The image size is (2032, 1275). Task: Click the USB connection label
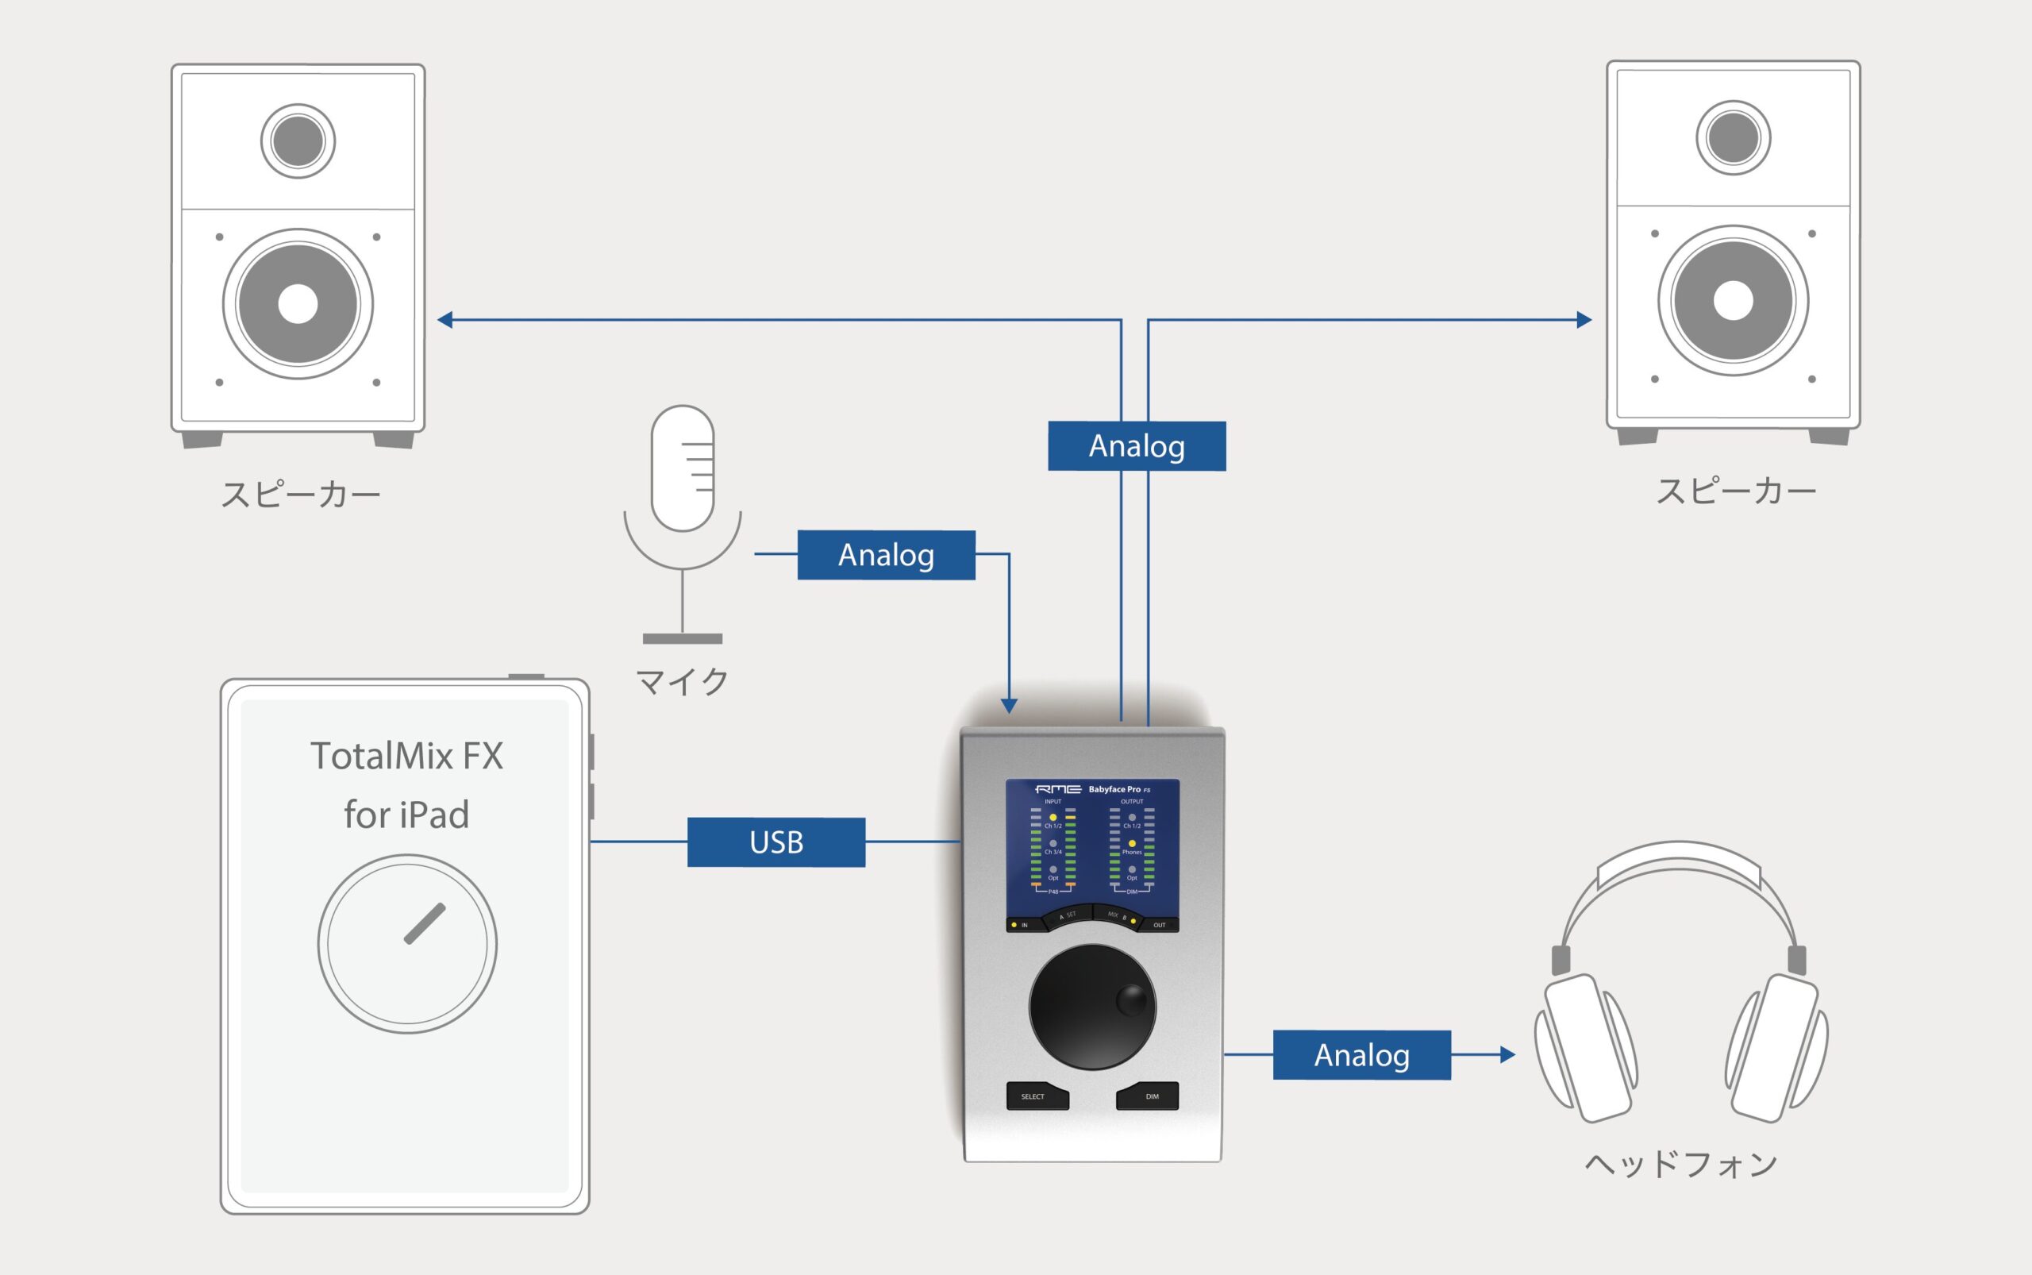pos(775,842)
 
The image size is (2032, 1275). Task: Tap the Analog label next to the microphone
pos(886,555)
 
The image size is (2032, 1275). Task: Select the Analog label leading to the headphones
pos(1362,1055)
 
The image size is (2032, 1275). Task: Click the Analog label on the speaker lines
pos(1137,446)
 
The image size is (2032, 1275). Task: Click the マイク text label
pos(682,681)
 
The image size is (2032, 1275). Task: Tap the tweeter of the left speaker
pos(298,141)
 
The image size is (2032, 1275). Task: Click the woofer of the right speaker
pos(1733,300)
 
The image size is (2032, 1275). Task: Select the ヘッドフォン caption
pos(1681,1165)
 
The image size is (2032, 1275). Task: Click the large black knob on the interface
pos(1092,1007)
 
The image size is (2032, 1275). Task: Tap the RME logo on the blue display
pos(1058,789)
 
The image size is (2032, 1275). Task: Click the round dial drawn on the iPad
pos(407,944)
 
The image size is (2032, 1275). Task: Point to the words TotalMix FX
pos(406,756)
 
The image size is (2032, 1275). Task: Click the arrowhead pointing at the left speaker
pos(444,320)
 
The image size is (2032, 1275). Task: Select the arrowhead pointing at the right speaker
pos(1584,320)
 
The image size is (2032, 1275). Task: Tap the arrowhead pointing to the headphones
pos(1507,1054)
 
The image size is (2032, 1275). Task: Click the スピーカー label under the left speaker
pos(301,494)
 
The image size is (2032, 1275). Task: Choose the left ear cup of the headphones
pos(1586,1048)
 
